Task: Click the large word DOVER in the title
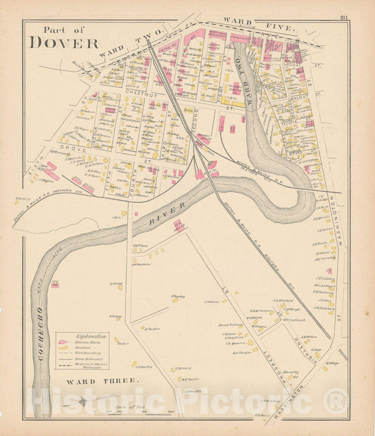click(x=64, y=42)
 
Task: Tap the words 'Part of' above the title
click(x=63, y=30)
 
